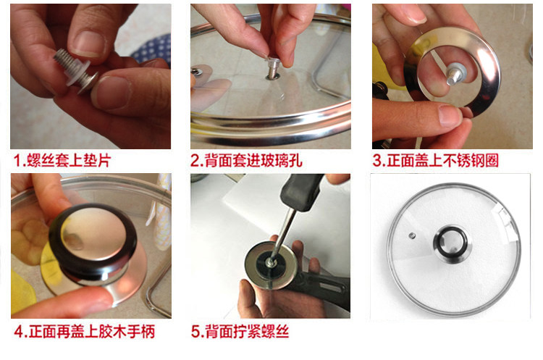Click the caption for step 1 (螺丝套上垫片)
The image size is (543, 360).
62,160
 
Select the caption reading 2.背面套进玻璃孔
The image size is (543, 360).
246,160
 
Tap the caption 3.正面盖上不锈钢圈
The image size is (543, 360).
436,160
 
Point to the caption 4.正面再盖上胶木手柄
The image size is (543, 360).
84,331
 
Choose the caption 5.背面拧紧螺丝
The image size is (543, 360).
240,331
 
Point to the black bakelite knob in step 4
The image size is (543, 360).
93,243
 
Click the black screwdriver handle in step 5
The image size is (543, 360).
302,192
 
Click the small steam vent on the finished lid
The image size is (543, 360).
412,235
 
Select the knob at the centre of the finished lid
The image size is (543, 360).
450,243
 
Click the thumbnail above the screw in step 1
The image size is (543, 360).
88,43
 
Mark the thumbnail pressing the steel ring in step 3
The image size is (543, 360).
450,115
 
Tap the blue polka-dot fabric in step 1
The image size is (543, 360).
152,49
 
